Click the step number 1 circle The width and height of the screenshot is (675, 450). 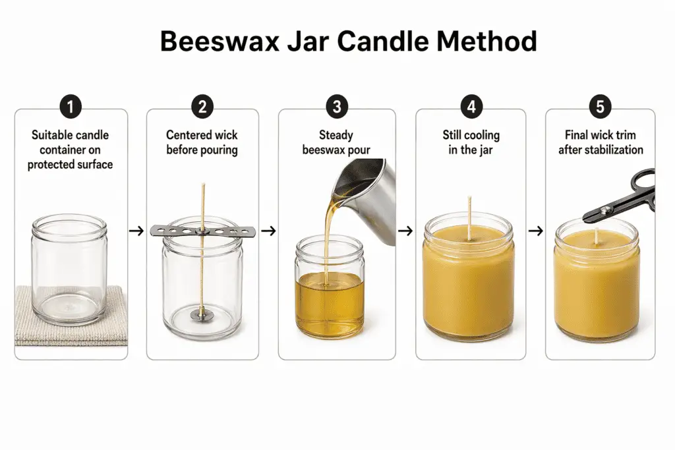click(x=71, y=107)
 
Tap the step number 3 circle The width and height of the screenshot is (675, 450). click(x=337, y=107)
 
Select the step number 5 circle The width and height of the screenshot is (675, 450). click(x=601, y=107)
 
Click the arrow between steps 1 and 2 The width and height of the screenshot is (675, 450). click(x=136, y=231)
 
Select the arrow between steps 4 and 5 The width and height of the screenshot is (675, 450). click(x=536, y=231)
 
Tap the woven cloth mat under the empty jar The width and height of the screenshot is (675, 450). click(x=40, y=323)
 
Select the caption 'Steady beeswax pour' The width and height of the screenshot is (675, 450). click(x=336, y=142)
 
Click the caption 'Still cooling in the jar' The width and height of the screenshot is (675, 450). click(x=471, y=142)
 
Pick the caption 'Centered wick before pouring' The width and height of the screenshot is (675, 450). click(x=202, y=142)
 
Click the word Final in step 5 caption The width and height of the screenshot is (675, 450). click(x=577, y=135)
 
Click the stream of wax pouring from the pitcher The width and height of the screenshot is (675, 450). click(x=326, y=237)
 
